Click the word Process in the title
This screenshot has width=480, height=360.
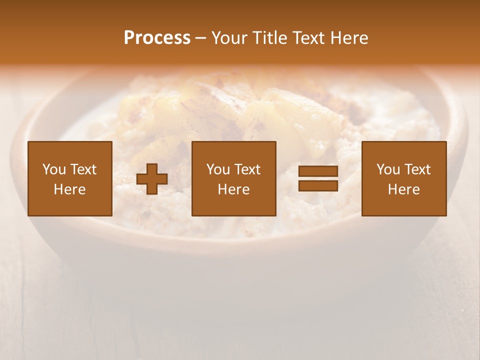point(157,38)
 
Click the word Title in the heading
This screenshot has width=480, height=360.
point(270,38)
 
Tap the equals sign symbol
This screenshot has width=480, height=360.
point(318,178)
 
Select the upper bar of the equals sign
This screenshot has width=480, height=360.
point(318,171)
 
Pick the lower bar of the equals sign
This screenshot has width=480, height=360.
point(318,185)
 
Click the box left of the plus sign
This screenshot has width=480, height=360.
point(70,178)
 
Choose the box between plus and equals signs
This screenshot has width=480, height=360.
point(234,178)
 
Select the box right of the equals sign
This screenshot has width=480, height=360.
point(404,178)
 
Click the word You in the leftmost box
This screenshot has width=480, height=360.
point(54,169)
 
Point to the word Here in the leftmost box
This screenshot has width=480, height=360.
point(70,189)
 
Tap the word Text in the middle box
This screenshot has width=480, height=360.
point(248,169)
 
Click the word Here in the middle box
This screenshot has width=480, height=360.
point(234,189)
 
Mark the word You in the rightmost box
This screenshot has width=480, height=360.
point(388,169)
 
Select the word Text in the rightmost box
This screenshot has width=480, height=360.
point(418,169)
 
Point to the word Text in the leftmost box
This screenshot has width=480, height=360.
point(84,169)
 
